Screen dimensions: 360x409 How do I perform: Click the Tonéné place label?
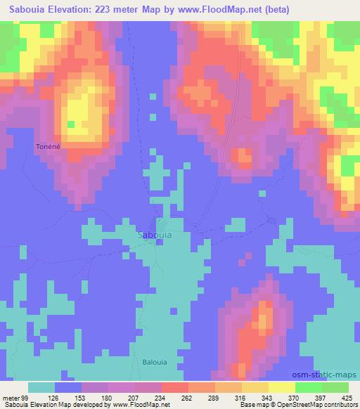coord(47,147)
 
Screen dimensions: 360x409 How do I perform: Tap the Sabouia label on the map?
coord(153,236)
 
